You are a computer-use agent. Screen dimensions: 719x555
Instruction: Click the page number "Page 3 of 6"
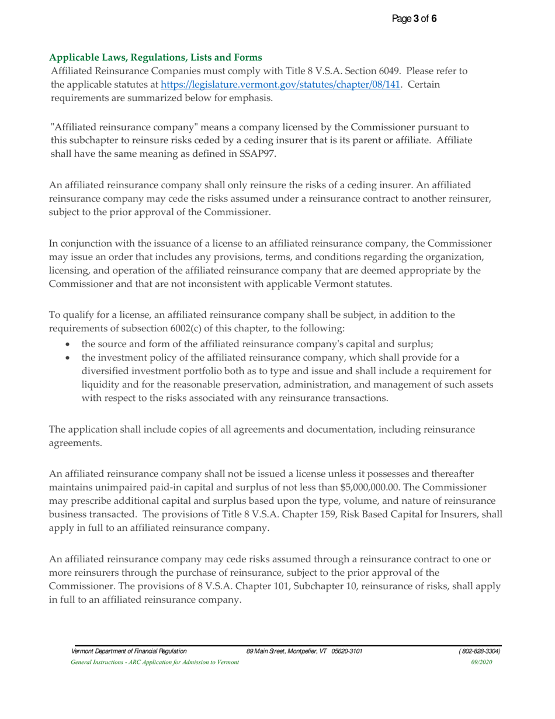coord(414,19)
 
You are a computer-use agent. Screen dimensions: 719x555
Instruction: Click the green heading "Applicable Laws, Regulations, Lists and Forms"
coord(155,57)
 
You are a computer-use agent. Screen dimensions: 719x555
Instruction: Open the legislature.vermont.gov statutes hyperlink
coord(280,84)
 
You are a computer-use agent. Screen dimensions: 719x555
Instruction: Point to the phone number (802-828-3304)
coord(480,651)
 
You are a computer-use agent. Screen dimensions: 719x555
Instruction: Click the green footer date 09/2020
coord(481,662)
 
